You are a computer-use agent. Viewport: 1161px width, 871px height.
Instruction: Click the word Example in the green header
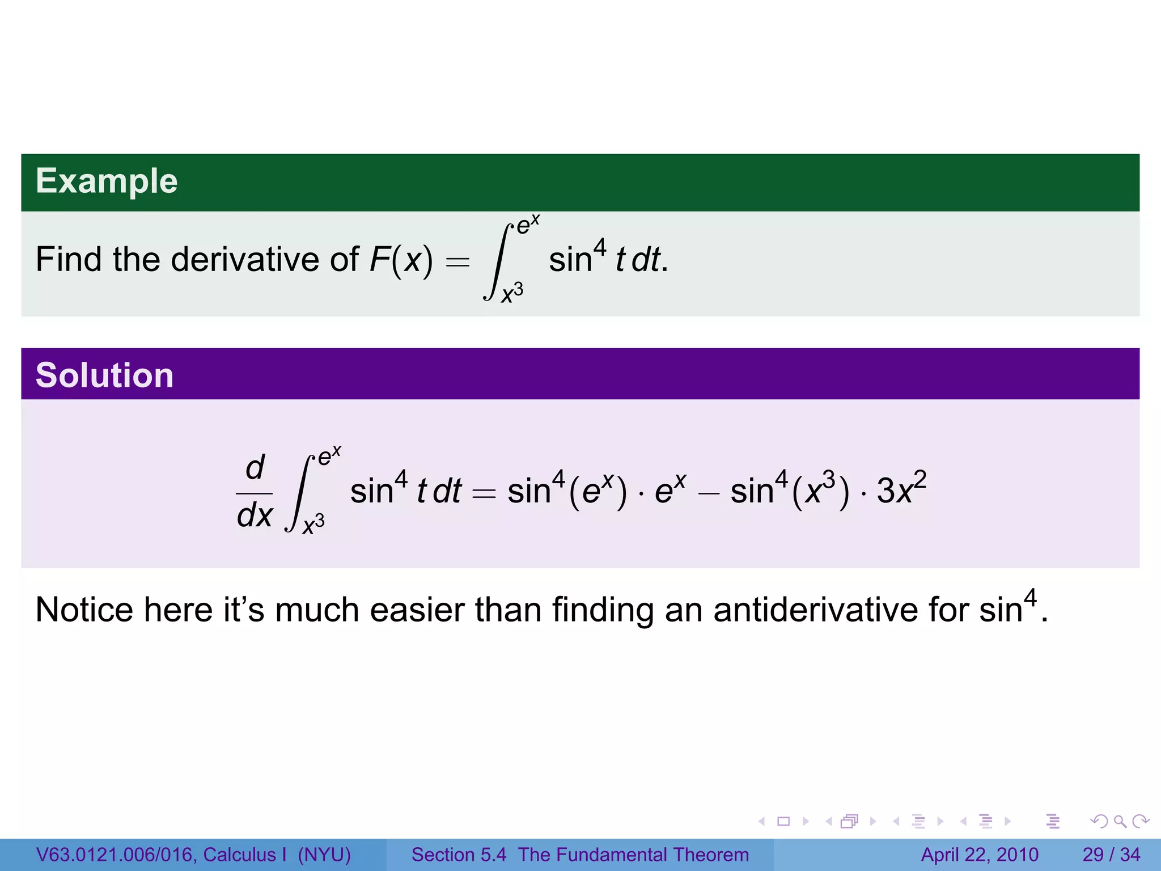coord(107,181)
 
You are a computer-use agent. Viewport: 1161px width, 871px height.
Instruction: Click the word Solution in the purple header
coord(104,375)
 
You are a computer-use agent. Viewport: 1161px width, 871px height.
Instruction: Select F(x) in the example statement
coord(401,260)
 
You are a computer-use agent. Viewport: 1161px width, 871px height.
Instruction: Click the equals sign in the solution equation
coord(484,492)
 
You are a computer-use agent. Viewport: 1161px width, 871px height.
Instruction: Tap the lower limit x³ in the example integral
coord(512,293)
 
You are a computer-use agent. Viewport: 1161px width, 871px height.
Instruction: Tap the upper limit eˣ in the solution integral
coord(329,456)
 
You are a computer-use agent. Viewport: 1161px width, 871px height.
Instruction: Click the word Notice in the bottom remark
coord(84,610)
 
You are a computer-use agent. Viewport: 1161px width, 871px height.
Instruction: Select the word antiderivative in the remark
coord(816,610)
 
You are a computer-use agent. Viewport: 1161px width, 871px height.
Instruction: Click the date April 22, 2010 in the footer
coord(979,855)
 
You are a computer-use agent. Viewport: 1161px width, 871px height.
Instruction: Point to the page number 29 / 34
coord(1111,855)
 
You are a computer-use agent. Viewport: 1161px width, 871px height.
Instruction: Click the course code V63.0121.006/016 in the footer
coord(116,855)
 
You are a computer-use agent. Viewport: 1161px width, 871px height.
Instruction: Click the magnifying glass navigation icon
coord(1119,821)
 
